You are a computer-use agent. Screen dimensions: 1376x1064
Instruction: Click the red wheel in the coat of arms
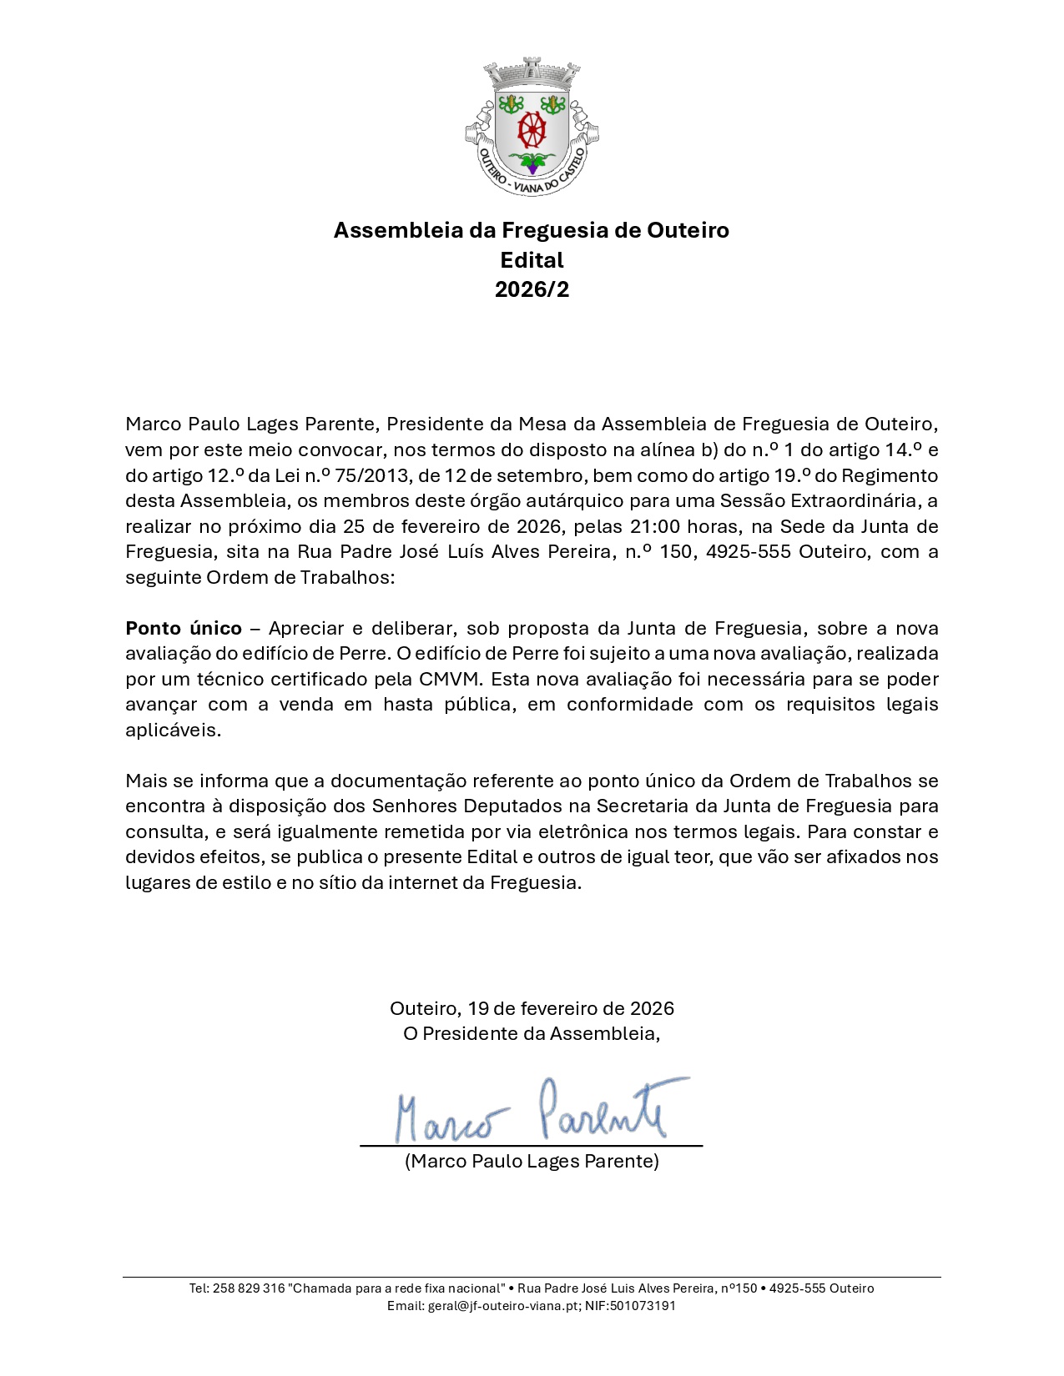click(x=532, y=130)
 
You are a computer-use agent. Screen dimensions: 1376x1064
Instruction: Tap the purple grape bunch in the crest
click(x=532, y=168)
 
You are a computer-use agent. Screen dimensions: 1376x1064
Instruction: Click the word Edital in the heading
click(x=532, y=260)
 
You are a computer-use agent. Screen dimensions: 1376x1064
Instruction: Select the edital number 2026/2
click(x=532, y=289)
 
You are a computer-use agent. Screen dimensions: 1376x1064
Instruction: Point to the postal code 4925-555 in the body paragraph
click(x=748, y=551)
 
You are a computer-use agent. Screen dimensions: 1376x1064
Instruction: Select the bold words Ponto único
click(x=184, y=628)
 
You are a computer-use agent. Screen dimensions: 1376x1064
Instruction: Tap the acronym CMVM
click(x=450, y=679)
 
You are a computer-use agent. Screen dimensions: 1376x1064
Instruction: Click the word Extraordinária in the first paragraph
click(x=853, y=500)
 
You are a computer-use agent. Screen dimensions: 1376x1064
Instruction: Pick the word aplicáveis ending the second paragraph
click(x=173, y=730)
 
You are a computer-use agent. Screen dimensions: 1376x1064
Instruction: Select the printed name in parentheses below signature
click(x=532, y=1161)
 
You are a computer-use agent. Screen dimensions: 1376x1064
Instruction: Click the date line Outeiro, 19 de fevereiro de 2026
click(x=532, y=1008)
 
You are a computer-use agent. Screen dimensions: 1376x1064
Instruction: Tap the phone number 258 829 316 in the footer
click(x=249, y=1288)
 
